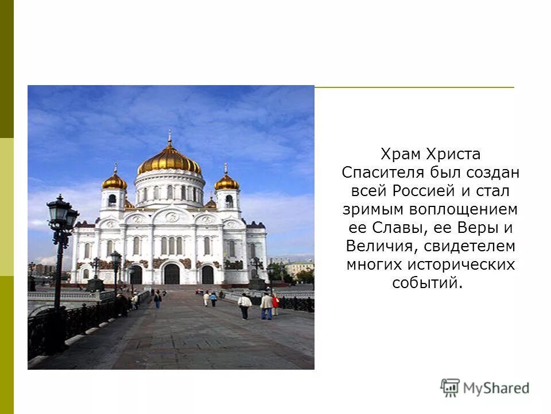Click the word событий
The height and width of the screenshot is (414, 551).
(x=426, y=283)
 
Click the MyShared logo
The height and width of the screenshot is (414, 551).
(x=485, y=388)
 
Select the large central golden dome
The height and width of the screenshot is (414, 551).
(x=169, y=160)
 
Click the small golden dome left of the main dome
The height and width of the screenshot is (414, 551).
(x=114, y=182)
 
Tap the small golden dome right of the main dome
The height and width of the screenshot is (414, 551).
(x=227, y=182)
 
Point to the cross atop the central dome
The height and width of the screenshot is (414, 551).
(x=169, y=137)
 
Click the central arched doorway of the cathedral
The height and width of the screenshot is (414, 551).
(x=172, y=274)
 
